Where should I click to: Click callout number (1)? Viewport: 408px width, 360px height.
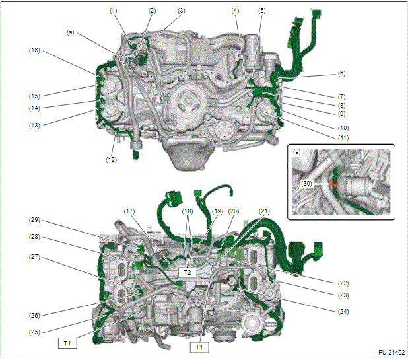113,11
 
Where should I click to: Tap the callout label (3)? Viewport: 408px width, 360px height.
182,11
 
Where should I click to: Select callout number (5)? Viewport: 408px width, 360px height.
261,11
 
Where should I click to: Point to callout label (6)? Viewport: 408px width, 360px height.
341,73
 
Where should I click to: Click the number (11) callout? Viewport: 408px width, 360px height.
343,138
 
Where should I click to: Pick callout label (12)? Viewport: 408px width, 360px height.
111,160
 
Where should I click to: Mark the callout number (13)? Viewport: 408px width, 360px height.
34,126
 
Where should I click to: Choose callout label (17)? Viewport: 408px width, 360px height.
129,211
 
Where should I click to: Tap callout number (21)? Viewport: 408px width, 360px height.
264,211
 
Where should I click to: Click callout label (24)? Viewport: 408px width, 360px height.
343,312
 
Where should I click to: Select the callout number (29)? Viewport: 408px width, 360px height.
34,220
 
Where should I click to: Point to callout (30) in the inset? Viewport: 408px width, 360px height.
306,184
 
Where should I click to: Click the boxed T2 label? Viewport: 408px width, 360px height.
187,273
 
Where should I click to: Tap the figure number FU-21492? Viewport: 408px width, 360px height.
391,353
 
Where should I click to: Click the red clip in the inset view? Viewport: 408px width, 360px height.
333,183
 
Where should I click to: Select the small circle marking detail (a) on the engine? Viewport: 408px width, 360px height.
125,59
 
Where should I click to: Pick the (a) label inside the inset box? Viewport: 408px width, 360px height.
296,152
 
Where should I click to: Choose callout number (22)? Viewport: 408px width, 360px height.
343,283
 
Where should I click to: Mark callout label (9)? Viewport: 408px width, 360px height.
341,114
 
